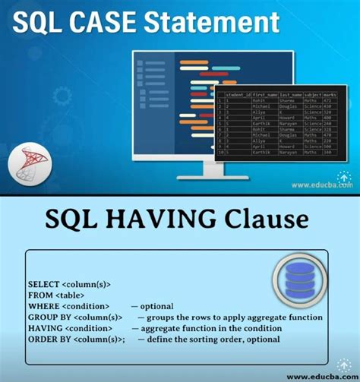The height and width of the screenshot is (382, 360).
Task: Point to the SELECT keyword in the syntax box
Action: (x=44, y=284)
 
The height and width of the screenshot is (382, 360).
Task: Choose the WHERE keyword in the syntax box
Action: (x=43, y=306)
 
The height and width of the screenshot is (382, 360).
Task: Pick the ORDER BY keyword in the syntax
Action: (x=51, y=339)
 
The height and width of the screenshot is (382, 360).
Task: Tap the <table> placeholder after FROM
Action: (x=71, y=295)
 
